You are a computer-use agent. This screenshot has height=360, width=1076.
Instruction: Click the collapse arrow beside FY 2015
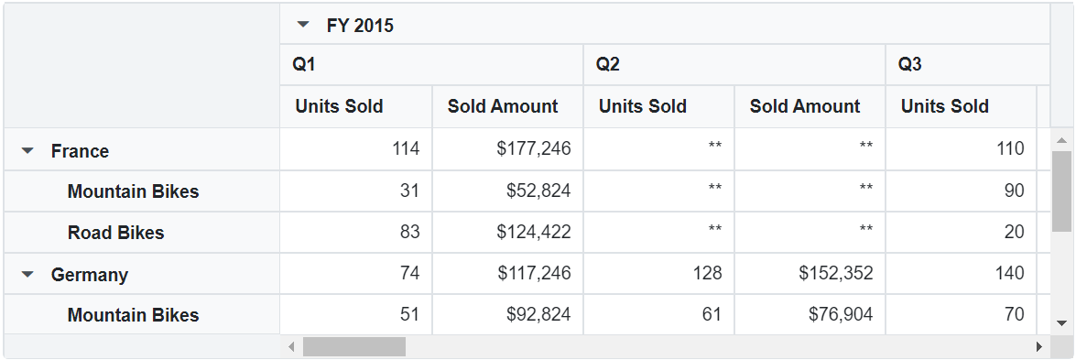304,26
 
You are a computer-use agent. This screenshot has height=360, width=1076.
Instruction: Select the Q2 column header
608,64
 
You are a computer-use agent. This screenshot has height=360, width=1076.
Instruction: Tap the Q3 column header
909,64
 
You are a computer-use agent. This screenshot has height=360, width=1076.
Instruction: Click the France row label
80,151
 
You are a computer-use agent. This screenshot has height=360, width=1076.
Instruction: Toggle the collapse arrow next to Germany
27,274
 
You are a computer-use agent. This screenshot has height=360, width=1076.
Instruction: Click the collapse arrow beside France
27,150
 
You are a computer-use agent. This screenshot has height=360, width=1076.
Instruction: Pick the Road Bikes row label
115,233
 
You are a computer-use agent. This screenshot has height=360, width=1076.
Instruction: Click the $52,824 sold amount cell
538,191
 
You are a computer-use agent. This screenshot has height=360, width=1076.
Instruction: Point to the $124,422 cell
534,233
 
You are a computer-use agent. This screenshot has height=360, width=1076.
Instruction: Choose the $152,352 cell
835,273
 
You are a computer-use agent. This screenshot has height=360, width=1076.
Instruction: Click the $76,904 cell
840,315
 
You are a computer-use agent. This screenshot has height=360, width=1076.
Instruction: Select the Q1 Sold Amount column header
503,106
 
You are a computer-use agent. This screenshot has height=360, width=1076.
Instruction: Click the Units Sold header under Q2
643,106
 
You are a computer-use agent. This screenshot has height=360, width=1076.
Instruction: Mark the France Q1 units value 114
405,149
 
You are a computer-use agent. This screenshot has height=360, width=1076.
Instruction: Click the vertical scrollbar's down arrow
1062,323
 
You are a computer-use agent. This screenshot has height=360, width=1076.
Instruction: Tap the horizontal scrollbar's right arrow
1038,347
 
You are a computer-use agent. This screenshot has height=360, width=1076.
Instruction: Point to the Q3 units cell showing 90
1014,191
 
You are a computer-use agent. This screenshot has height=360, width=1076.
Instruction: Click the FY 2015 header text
360,26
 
